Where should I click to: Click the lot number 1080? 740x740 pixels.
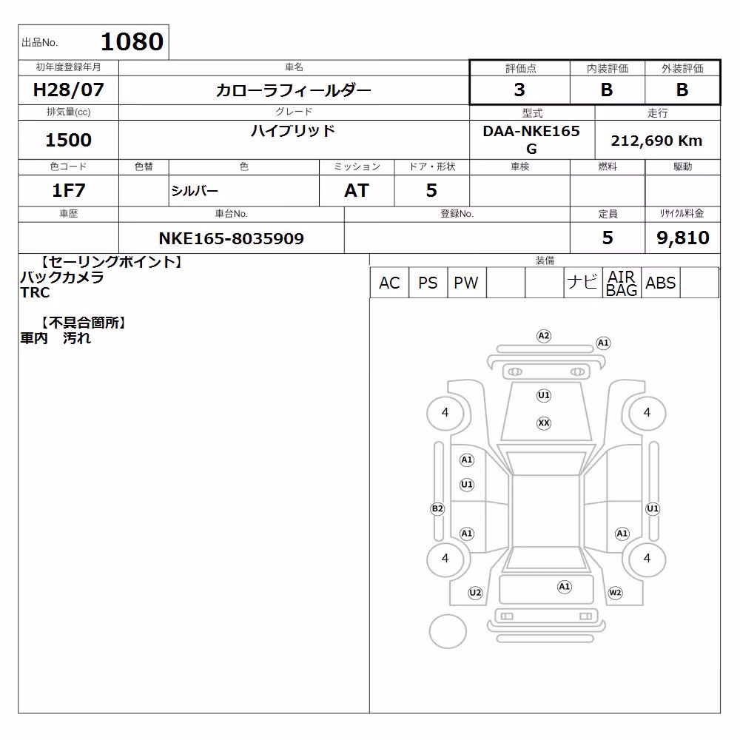click(132, 42)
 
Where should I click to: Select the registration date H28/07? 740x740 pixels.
click(68, 90)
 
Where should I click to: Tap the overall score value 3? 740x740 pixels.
click(519, 90)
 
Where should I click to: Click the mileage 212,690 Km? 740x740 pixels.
click(656, 141)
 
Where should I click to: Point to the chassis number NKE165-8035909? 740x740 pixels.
click(231, 238)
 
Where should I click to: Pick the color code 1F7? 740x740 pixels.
click(68, 191)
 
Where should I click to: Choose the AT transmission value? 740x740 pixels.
click(357, 191)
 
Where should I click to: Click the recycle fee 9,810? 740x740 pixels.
click(683, 238)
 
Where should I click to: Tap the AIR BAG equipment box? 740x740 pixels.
click(622, 283)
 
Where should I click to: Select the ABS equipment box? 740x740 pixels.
click(660, 283)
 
